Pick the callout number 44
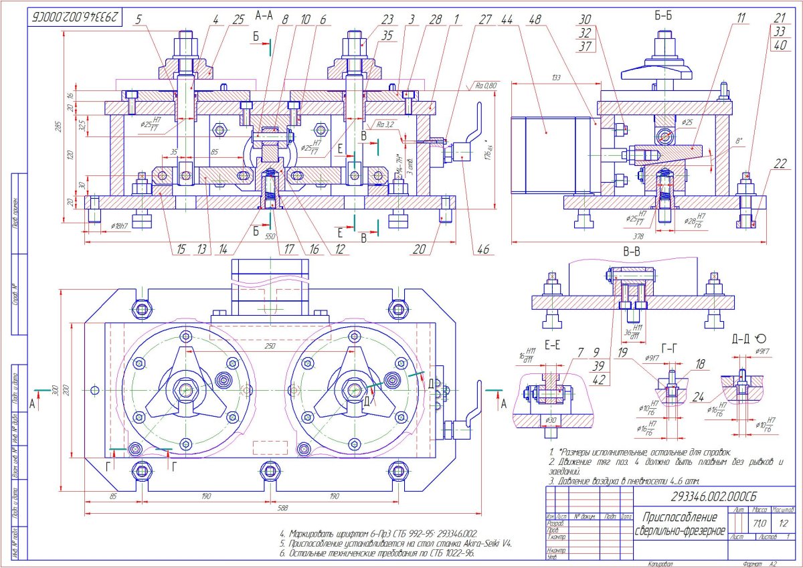[x=507, y=20]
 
